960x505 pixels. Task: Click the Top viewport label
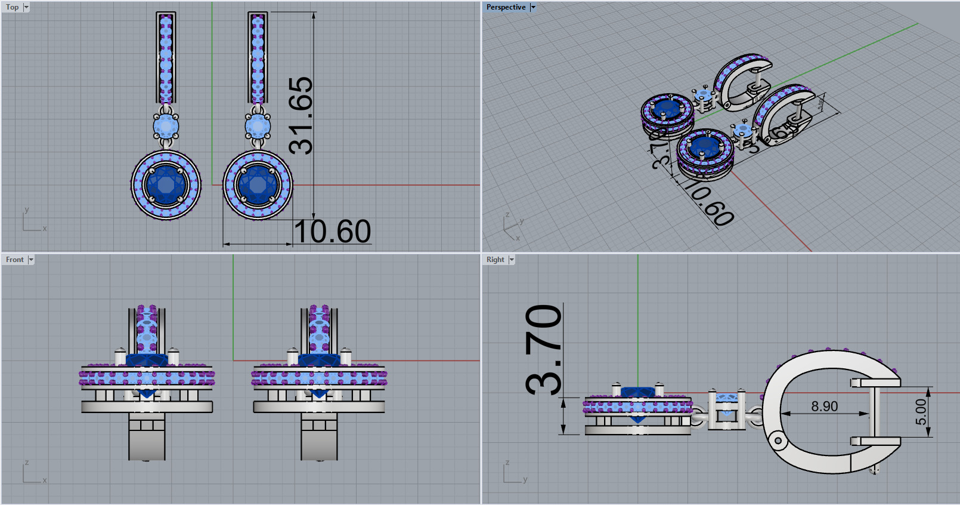[12, 7]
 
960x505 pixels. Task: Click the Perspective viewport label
[506, 7]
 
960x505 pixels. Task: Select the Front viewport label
[15, 260]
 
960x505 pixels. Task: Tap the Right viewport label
[495, 260]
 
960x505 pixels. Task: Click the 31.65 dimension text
[301, 116]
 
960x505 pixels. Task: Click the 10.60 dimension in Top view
[333, 232]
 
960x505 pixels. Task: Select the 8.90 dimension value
[824, 407]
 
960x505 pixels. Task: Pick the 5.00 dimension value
[921, 412]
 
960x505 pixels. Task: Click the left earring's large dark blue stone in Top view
[166, 184]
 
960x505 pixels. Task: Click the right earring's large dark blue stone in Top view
[258, 184]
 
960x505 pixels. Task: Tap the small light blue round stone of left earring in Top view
[166, 127]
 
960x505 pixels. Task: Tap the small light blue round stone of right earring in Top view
[258, 127]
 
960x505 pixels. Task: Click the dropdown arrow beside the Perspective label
[533, 7]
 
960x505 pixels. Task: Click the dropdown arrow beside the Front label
[31, 260]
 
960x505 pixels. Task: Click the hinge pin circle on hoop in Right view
[778, 441]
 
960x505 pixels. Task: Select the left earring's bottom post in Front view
[147, 439]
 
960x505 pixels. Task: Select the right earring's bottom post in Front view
[319, 439]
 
